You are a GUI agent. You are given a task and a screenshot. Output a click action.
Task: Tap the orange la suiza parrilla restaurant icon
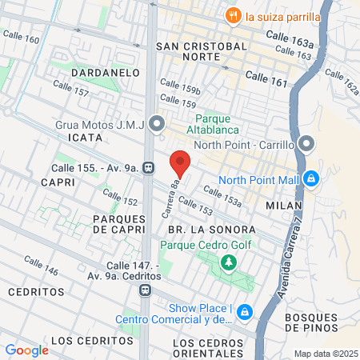click(x=233, y=14)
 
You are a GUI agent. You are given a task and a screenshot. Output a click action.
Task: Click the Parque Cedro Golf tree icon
click(x=229, y=262)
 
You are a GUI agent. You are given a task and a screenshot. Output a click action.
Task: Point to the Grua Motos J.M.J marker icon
click(x=158, y=123)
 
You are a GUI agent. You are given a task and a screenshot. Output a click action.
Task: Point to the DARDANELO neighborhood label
click(x=106, y=73)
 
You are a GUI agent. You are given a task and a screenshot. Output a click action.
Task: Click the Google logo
click(x=26, y=350)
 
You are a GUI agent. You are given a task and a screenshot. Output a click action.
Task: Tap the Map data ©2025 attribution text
click(x=325, y=354)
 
